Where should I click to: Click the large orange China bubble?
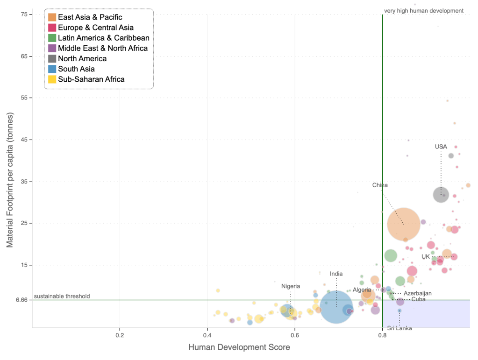(x=404, y=224)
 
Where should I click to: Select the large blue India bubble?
(x=336, y=307)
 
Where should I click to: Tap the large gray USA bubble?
(x=441, y=194)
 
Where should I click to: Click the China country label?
(x=380, y=185)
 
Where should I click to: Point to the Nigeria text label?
(x=291, y=286)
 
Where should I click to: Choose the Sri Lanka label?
(x=400, y=328)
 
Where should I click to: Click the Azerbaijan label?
(x=418, y=293)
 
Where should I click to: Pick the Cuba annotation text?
(x=418, y=299)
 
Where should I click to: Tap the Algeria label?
(x=362, y=290)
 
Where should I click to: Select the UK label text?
(x=425, y=257)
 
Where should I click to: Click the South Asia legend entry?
(x=76, y=69)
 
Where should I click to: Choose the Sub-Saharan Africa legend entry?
(x=91, y=79)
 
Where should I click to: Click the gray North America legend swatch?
(x=51, y=59)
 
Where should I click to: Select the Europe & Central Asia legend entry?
(x=96, y=28)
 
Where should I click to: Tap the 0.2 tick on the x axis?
(x=120, y=335)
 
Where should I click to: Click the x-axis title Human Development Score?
(x=239, y=347)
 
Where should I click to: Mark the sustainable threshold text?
(x=62, y=296)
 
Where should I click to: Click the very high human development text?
(x=423, y=11)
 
